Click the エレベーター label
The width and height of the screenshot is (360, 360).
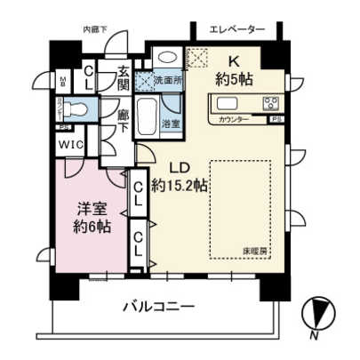click(x=237, y=29)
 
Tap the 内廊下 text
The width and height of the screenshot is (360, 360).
click(x=95, y=29)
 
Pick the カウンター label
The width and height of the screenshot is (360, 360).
click(x=234, y=118)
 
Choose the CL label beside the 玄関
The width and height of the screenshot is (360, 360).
click(x=90, y=77)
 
